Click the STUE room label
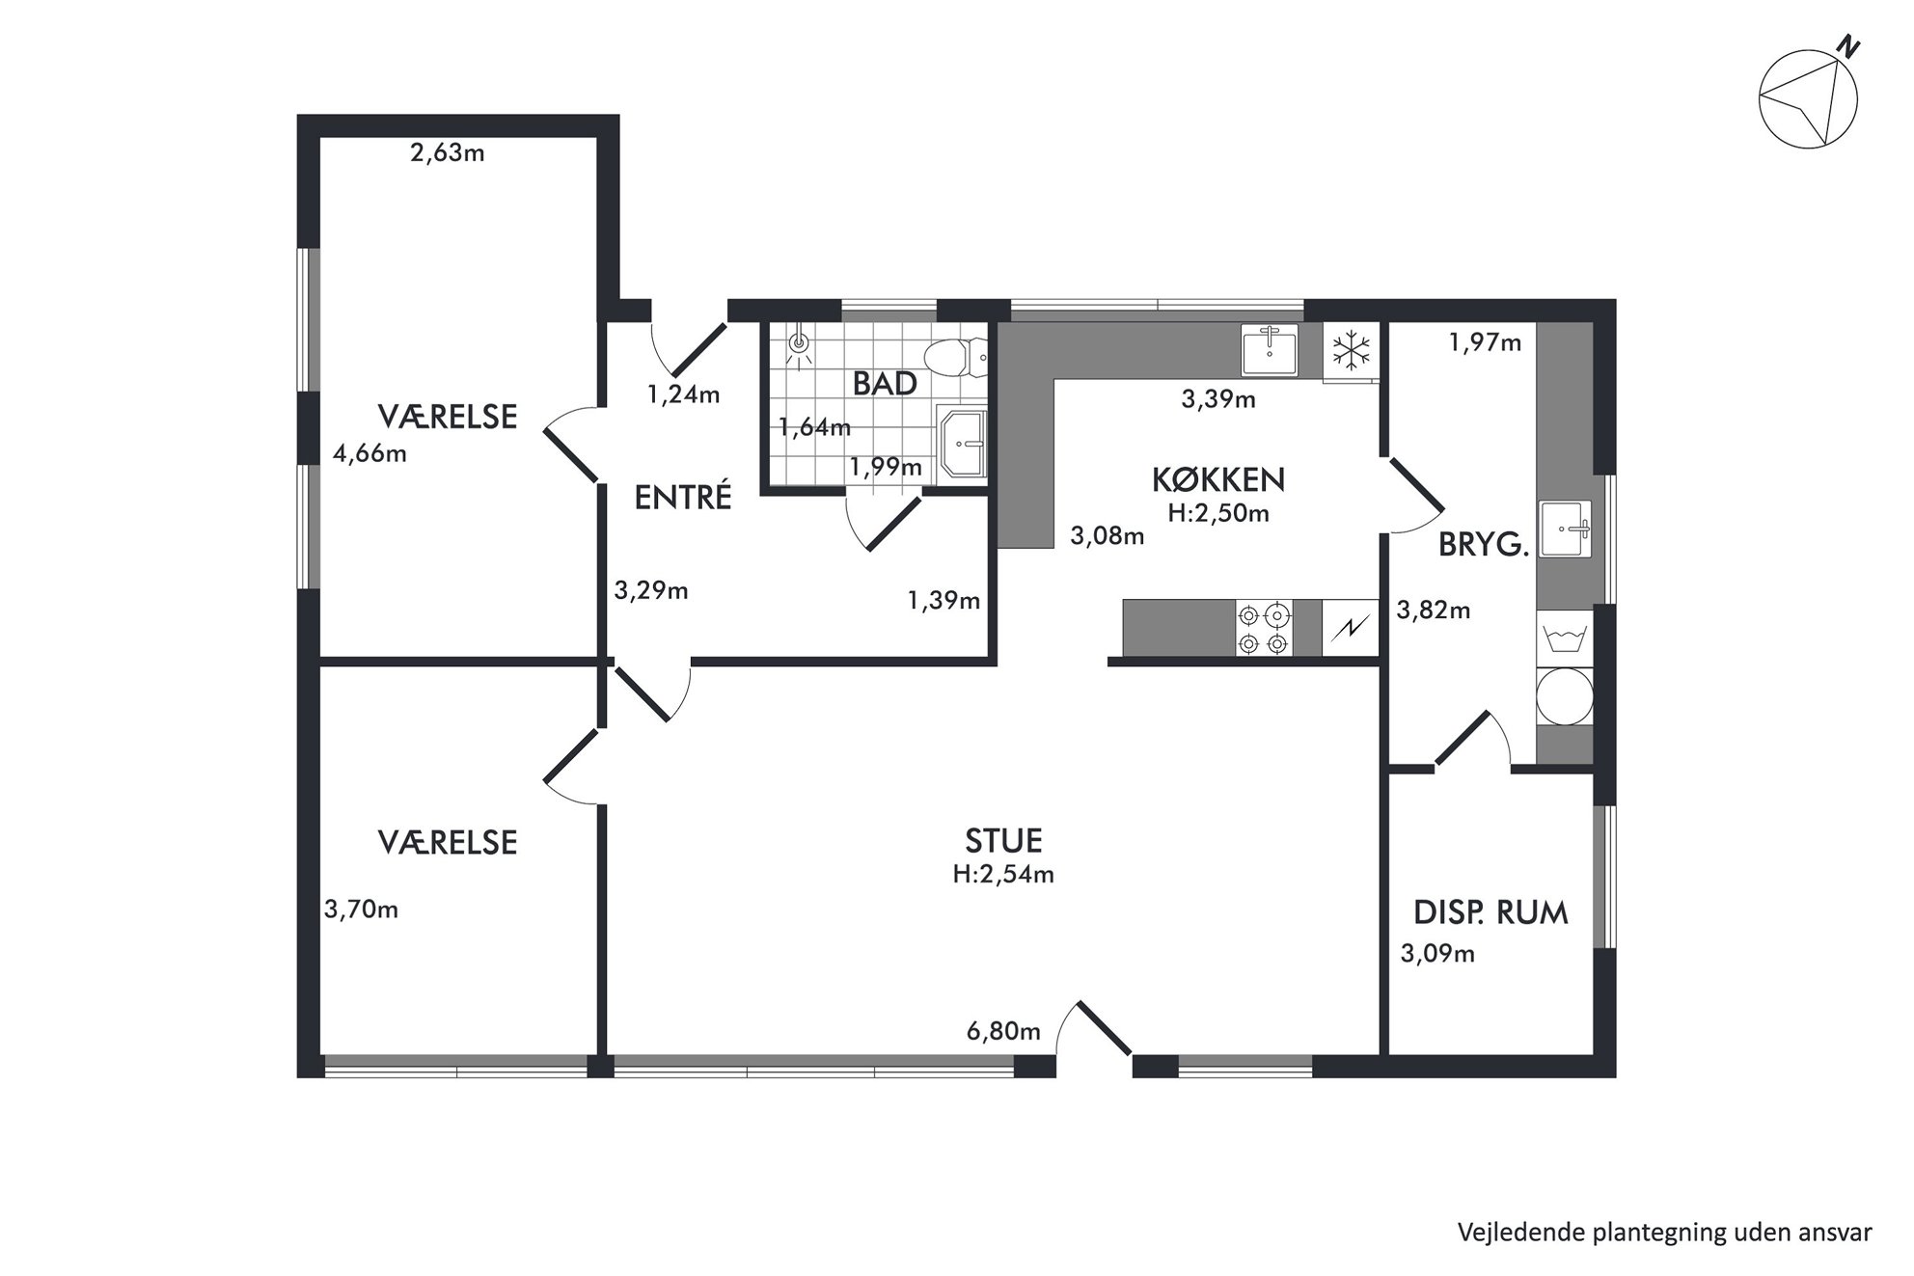coord(1003,841)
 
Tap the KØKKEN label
coord(1218,479)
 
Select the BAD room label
coord(885,384)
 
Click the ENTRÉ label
coord(683,497)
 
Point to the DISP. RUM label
coord(1490,912)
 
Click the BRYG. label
coord(1484,546)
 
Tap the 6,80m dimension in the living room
coord(1003,1032)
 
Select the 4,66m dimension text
coord(369,453)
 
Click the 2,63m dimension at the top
coord(448,152)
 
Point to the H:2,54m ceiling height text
coord(1003,875)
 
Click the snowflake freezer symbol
coord(1353,350)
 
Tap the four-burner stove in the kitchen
coord(1264,628)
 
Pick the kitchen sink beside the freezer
coord(1270,349)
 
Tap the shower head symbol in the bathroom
coord(799,344)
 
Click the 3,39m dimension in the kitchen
coord(1218,398)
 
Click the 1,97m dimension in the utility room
coord(1486,341)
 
